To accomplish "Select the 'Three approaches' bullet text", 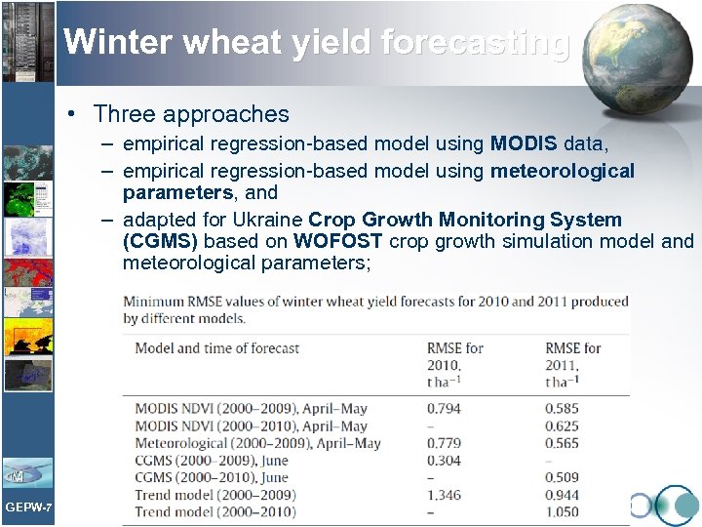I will click(192, 114).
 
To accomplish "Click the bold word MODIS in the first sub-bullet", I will click(525, 144).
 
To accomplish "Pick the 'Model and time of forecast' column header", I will click(216, 348).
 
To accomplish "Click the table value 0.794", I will click(444, 409).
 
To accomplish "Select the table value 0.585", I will click(562, 409).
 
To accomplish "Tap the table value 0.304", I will click(444, 461).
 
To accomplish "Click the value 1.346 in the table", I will click(444, 495).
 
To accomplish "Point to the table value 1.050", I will click(562, 512).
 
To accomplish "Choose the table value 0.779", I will click(444, 443).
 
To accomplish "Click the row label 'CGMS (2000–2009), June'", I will click(212, 461).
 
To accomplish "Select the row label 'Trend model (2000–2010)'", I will click(215, 512).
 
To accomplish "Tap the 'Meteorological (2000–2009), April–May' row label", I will click(257, 443).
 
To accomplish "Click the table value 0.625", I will click(562, 426).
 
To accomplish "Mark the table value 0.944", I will click(562, 495).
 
